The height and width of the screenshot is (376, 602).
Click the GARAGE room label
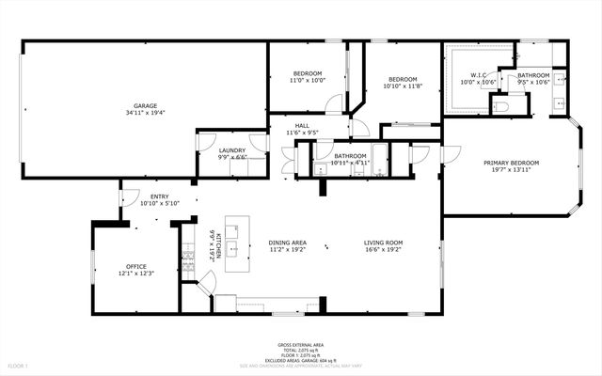tap(144, 105)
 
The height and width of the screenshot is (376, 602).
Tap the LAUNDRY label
tap(232, 150)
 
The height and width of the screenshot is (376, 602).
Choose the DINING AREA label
tap(288, 243)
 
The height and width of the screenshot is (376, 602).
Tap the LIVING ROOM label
tap(384, 243)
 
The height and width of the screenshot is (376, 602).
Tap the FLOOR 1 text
tap(19, 364)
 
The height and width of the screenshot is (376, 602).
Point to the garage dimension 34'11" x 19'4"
tap(144, 113)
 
